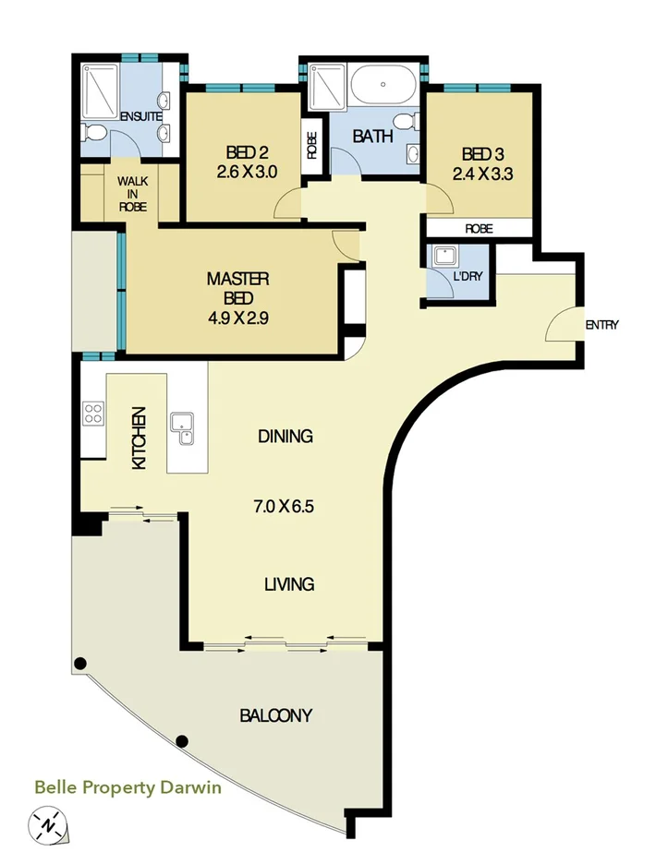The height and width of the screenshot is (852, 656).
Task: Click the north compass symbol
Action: [x=48, y=823]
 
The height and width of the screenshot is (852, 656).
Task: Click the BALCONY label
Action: [x=275, y=714]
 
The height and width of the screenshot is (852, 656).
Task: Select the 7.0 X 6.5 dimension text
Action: [x=286, y=506]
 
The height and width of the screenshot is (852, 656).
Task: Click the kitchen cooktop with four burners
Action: [x=93, y=412]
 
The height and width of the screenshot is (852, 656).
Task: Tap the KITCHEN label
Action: [x=140, y=438]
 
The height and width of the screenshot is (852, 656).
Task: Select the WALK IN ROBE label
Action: [x=132, y=194]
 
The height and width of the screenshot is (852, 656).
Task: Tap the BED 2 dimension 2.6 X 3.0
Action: [x=246, y=171]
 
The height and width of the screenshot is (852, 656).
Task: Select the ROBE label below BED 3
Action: [x=478, y=228]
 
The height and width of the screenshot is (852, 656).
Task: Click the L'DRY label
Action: [x=468, y=276]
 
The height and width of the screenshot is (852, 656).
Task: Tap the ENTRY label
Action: [x=601, y=325]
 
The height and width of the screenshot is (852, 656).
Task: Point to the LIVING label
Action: [x=288, y=583]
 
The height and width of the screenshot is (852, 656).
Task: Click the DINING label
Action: [x=285, y=436]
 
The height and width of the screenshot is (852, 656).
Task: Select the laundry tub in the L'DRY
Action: [x=447, y=256]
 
